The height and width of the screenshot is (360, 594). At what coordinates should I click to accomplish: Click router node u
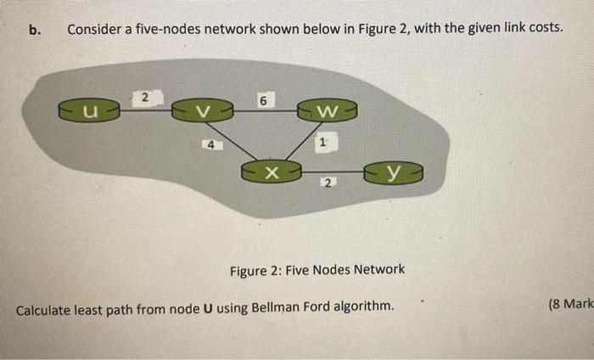pos(89,110)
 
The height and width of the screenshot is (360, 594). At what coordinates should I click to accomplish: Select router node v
pos(202,110)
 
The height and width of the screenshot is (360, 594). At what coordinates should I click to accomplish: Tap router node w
pos(328,110)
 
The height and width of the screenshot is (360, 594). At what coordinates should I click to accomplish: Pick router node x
pos(272,172)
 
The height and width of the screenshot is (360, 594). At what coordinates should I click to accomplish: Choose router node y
pos(394,173)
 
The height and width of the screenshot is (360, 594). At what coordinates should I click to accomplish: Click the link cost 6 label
pos(263,101)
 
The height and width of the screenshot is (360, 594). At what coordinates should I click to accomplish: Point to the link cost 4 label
pos(211,144)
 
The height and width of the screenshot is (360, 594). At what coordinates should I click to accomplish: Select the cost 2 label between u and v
pos(145,98)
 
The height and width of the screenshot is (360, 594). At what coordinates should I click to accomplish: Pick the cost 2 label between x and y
pos(328,183)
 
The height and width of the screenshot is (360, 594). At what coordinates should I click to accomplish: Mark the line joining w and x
pos(303,141)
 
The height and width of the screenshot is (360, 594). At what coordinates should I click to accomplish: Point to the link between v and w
pos(265,110)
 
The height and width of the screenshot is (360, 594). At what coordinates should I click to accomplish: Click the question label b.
pos(35,30)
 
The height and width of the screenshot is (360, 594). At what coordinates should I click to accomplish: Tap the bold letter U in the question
pos(208,309)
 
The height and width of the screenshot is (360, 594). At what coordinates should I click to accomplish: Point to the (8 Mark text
pos(570,303)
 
